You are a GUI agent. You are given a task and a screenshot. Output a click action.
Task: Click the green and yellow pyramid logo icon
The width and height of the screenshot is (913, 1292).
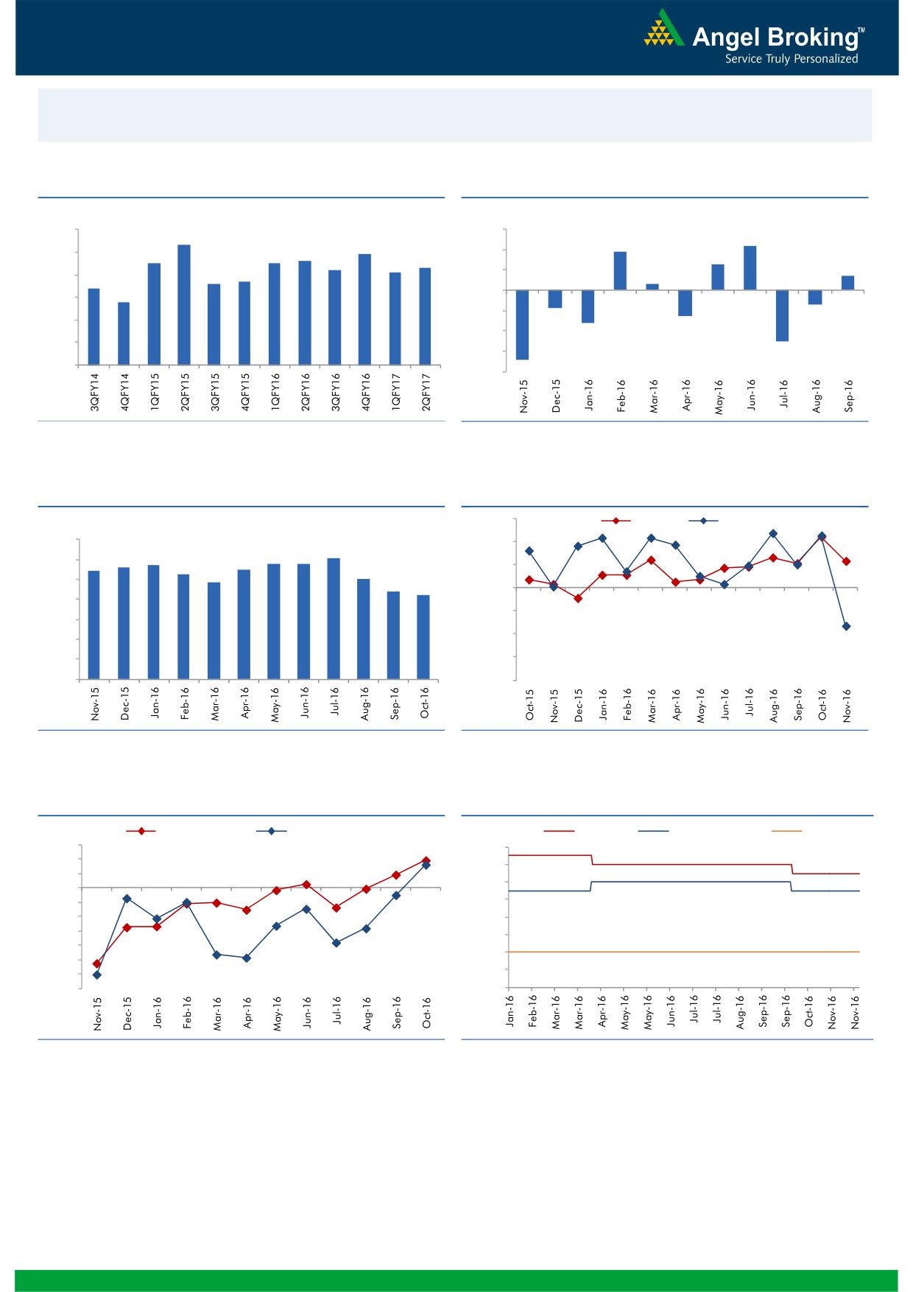tap(663, 29)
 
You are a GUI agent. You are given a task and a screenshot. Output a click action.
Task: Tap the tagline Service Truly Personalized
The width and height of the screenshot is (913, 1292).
tap(792, 59)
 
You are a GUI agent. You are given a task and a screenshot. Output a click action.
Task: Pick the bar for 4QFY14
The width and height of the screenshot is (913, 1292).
tap(124, 333)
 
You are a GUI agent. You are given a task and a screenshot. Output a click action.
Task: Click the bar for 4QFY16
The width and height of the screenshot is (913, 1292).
tap(364, 309)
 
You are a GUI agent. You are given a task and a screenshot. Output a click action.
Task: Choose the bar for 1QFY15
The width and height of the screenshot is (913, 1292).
tap(154, 314)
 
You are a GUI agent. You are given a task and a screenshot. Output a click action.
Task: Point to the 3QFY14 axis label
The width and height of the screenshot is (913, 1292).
tap(94, 391)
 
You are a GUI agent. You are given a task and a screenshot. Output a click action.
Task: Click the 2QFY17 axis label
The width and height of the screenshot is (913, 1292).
tap(426, 391)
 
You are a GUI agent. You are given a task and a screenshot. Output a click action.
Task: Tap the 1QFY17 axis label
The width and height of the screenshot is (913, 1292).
tap(395, 391)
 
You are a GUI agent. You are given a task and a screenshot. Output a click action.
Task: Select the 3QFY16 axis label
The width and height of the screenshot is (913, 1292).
tap(335, 391)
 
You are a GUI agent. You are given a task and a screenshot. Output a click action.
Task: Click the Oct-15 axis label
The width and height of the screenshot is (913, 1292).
tap(529, 705)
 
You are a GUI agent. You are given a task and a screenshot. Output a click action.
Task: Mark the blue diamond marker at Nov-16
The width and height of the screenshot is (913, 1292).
tap(846, 626)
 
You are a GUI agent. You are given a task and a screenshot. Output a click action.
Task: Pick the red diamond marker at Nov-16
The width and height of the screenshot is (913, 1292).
tap(847, 561)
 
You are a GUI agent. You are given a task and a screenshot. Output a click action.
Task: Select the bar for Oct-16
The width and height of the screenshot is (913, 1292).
tap(423, 636)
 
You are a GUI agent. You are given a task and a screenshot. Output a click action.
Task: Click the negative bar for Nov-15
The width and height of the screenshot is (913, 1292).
tap(522, 325)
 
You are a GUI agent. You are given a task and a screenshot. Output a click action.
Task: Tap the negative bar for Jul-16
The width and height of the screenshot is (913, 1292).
tap(782, 315)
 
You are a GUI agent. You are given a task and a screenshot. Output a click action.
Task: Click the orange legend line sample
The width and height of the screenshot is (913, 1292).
tap(786, 831)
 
